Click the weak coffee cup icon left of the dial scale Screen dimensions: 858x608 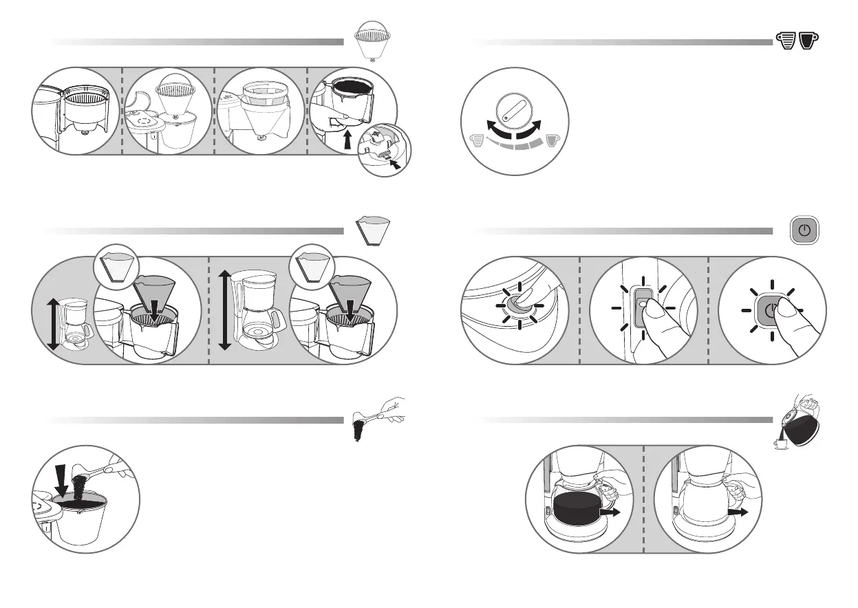(475, 142)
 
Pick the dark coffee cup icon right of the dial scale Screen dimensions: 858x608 (553, 142)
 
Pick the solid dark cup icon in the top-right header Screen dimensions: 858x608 (808, 41)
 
